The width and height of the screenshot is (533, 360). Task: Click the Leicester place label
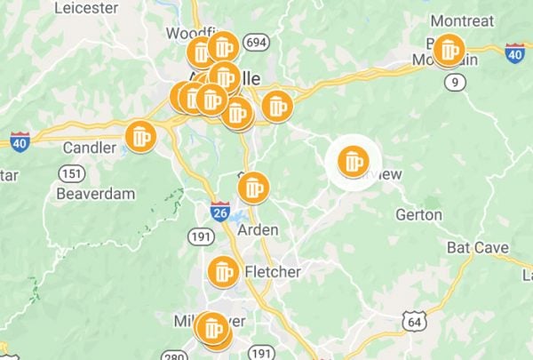pyautogui.click(x=86, y=8)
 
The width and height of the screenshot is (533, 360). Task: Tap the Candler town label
pyautogui.click(x=89, y=147)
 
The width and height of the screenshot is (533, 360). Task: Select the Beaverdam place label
pyautogui.click(x=95, y=193)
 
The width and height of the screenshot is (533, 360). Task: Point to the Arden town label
pyautogui.click(x=259, y=229)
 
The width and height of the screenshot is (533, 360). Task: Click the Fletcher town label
pyautogui.click(x=272, y=271)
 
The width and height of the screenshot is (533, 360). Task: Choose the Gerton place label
pyautogui.click(x=419, y=214)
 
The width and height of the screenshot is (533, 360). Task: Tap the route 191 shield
pyautogui.click(x=199, y=235)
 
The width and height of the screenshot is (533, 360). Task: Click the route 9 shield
pyautogui.click(x=456, y=83)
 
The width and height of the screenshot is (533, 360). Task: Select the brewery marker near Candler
pyautogui.click(x=140, y=137)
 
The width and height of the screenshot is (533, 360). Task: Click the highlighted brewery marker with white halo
pyautogui.click(x=353, y=162)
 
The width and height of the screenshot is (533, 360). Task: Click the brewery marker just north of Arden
pyautogui.click(x=254, y=187)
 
